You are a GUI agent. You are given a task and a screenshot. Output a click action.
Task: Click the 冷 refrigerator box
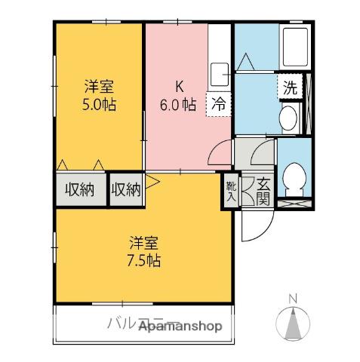[x=218, y=104]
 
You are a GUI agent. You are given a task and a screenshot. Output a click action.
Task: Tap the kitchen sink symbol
[x=220, y=74]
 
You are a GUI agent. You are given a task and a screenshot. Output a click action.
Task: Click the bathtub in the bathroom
[x=294, y=47]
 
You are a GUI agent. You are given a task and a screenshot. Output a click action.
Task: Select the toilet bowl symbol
[x=293, y=179]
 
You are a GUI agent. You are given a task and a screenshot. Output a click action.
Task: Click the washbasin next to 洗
[x=288, y=117]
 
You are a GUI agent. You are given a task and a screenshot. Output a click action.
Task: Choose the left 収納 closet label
[x=79, y=189]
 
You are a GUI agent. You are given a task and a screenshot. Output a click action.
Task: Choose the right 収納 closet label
[x=126, y=189]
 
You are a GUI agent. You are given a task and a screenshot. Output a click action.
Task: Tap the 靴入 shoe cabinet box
[x=230, y=189]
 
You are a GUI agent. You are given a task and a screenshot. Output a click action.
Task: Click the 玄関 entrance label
[x=263, y=190]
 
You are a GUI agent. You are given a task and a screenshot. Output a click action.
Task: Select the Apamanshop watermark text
[x=180, y=327]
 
